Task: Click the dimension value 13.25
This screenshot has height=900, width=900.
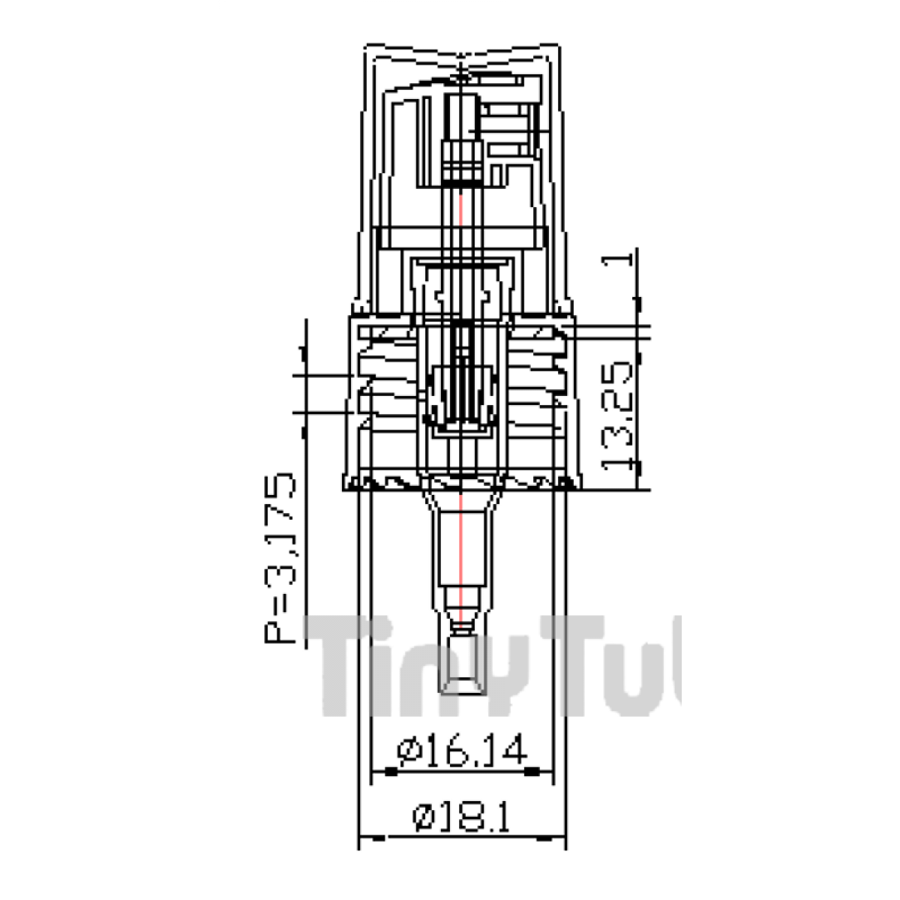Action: (x=621, y=417)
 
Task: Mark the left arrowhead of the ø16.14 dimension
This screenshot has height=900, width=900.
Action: (x=390, y=771)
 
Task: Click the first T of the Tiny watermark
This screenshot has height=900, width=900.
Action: (x=341, y=664)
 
